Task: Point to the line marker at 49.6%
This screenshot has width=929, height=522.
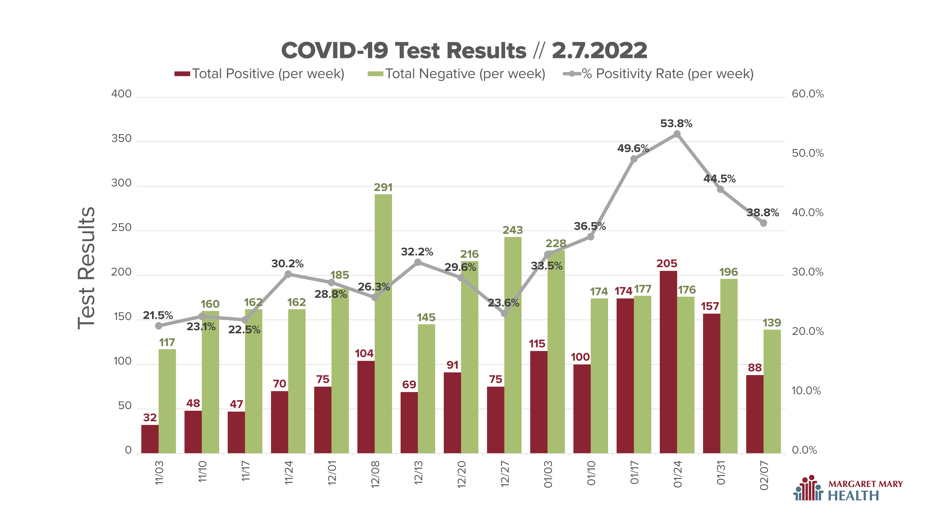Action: pyautogui.click(x=634, y=159)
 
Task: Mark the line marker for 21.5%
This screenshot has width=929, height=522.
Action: pyautogui.click(x=159, y=326)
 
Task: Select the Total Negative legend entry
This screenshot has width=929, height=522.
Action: pyautogui.click(x=456, y=74)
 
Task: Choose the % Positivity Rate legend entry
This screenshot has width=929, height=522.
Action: pyautogui.click(x=658, y=74)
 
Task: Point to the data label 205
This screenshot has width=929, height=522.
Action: pyautogui.click(x=667, y=263)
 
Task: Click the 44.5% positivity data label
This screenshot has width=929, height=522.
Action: pyautogui.click(x=719, y=179)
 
